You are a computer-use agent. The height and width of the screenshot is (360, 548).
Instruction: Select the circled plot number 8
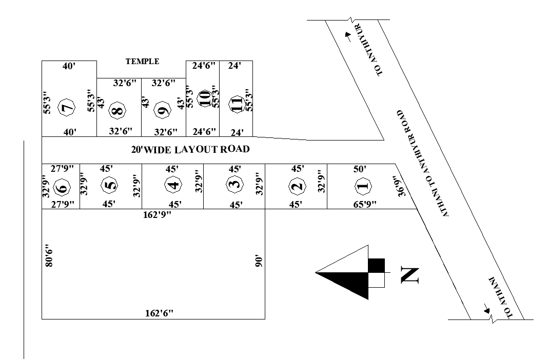click(118, 110)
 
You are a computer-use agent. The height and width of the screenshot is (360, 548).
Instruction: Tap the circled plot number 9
click(164, 110)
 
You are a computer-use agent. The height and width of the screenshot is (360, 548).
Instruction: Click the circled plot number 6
click(62, 188)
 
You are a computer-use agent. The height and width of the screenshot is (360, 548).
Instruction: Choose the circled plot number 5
click(108, 186)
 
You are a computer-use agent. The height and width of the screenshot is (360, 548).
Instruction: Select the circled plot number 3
click(234, 185)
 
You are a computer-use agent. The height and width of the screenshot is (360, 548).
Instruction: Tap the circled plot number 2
click(296, 186)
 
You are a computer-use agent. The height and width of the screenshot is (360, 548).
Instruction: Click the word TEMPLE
click(143, 62)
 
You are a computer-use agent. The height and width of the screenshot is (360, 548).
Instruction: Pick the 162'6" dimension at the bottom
click(159, 314)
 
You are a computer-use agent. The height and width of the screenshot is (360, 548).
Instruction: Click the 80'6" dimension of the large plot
click(49, 256)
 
